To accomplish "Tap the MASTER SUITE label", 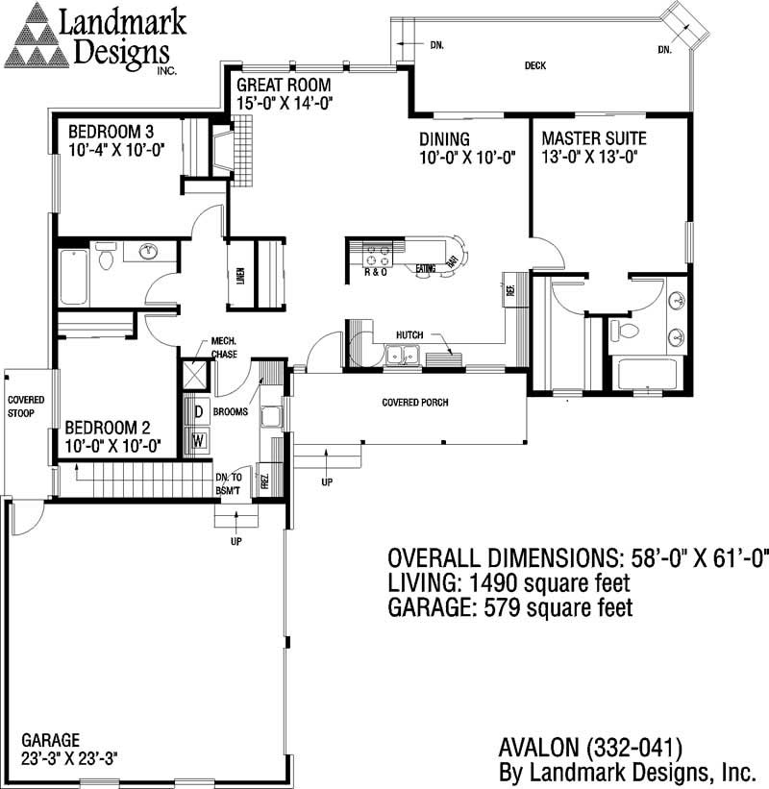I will [x=593, y=137].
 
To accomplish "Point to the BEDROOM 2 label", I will [x=111, y=429].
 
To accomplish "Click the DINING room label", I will [x=444, y=139].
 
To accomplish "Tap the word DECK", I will [x=535, y=66].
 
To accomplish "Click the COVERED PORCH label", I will [x=415, y=403].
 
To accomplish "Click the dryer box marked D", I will [x=199, y=412].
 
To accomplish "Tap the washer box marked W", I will [x=199, y=440].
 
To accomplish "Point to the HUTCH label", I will [x=409, y=334].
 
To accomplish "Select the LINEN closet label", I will [x=240, y=275].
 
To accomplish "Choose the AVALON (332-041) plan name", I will [x=590, y=747].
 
